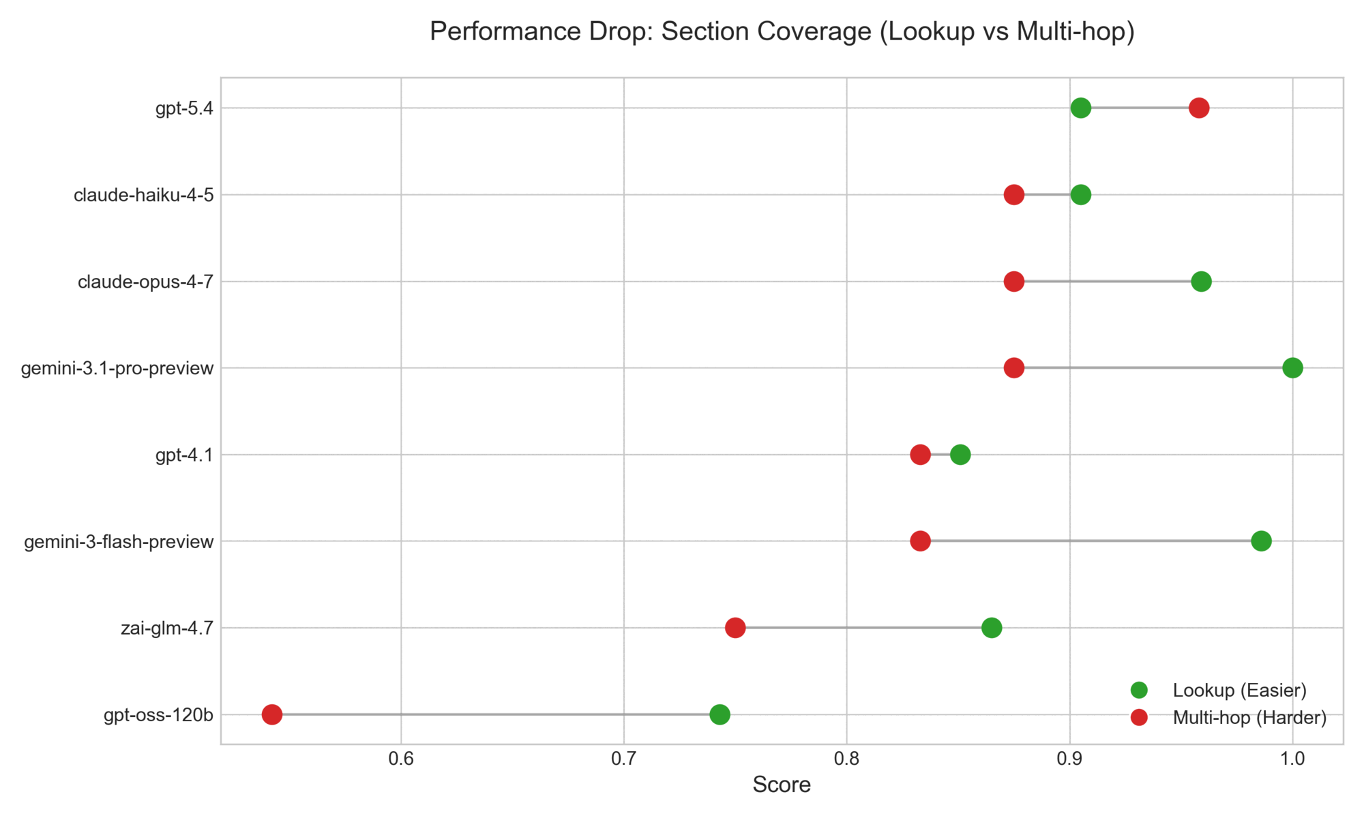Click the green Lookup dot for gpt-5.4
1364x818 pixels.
click(1080, 108)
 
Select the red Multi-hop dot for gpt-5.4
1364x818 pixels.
click(1199, 108)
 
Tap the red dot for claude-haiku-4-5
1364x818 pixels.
click(1014, 195)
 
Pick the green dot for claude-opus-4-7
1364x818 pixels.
click(1201, 282)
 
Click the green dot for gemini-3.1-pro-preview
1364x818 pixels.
click(1292, 368)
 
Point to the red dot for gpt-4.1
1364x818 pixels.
click(920, 455)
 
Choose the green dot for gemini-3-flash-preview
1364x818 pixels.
click(1261, 541)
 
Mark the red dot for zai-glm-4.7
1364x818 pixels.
click(735, 628)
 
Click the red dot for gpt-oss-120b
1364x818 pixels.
click(272, 714)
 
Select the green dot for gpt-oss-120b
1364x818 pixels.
click(720, 714)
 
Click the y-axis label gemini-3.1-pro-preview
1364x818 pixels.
click(117, 369)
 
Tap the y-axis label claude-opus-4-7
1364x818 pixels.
click(145, 282)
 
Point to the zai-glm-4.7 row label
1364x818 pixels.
click(167, 628)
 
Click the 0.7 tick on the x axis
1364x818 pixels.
click(623, 759)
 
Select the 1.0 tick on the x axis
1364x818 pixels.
click(1292, 759)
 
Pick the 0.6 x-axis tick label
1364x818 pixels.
click(401, 759)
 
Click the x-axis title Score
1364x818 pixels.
click(782, 785)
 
